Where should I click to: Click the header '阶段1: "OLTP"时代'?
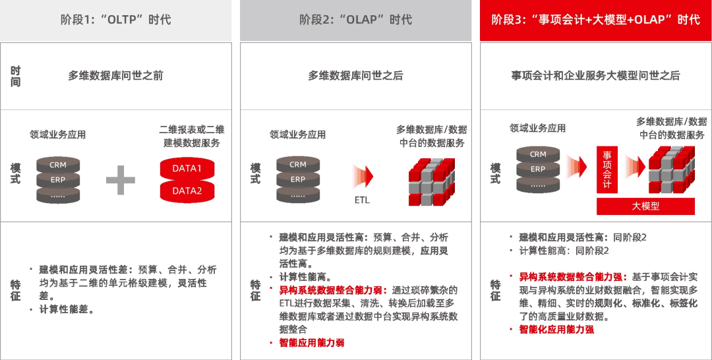116,20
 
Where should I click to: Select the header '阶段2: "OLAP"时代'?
355,20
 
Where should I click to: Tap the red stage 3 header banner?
595,20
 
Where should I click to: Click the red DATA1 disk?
187,169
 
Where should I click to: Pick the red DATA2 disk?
187,191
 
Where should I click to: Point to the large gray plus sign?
120,180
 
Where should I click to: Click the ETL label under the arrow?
362,199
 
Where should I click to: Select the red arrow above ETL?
363,177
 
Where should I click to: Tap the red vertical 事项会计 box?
607,171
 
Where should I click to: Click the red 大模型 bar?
645,206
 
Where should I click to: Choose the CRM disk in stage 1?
58,165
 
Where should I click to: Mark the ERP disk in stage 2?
298,179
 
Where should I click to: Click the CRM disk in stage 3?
538,154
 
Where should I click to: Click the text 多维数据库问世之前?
116,76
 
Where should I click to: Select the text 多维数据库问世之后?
355,76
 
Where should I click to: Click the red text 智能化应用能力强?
556,329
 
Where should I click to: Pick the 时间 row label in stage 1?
15,76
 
